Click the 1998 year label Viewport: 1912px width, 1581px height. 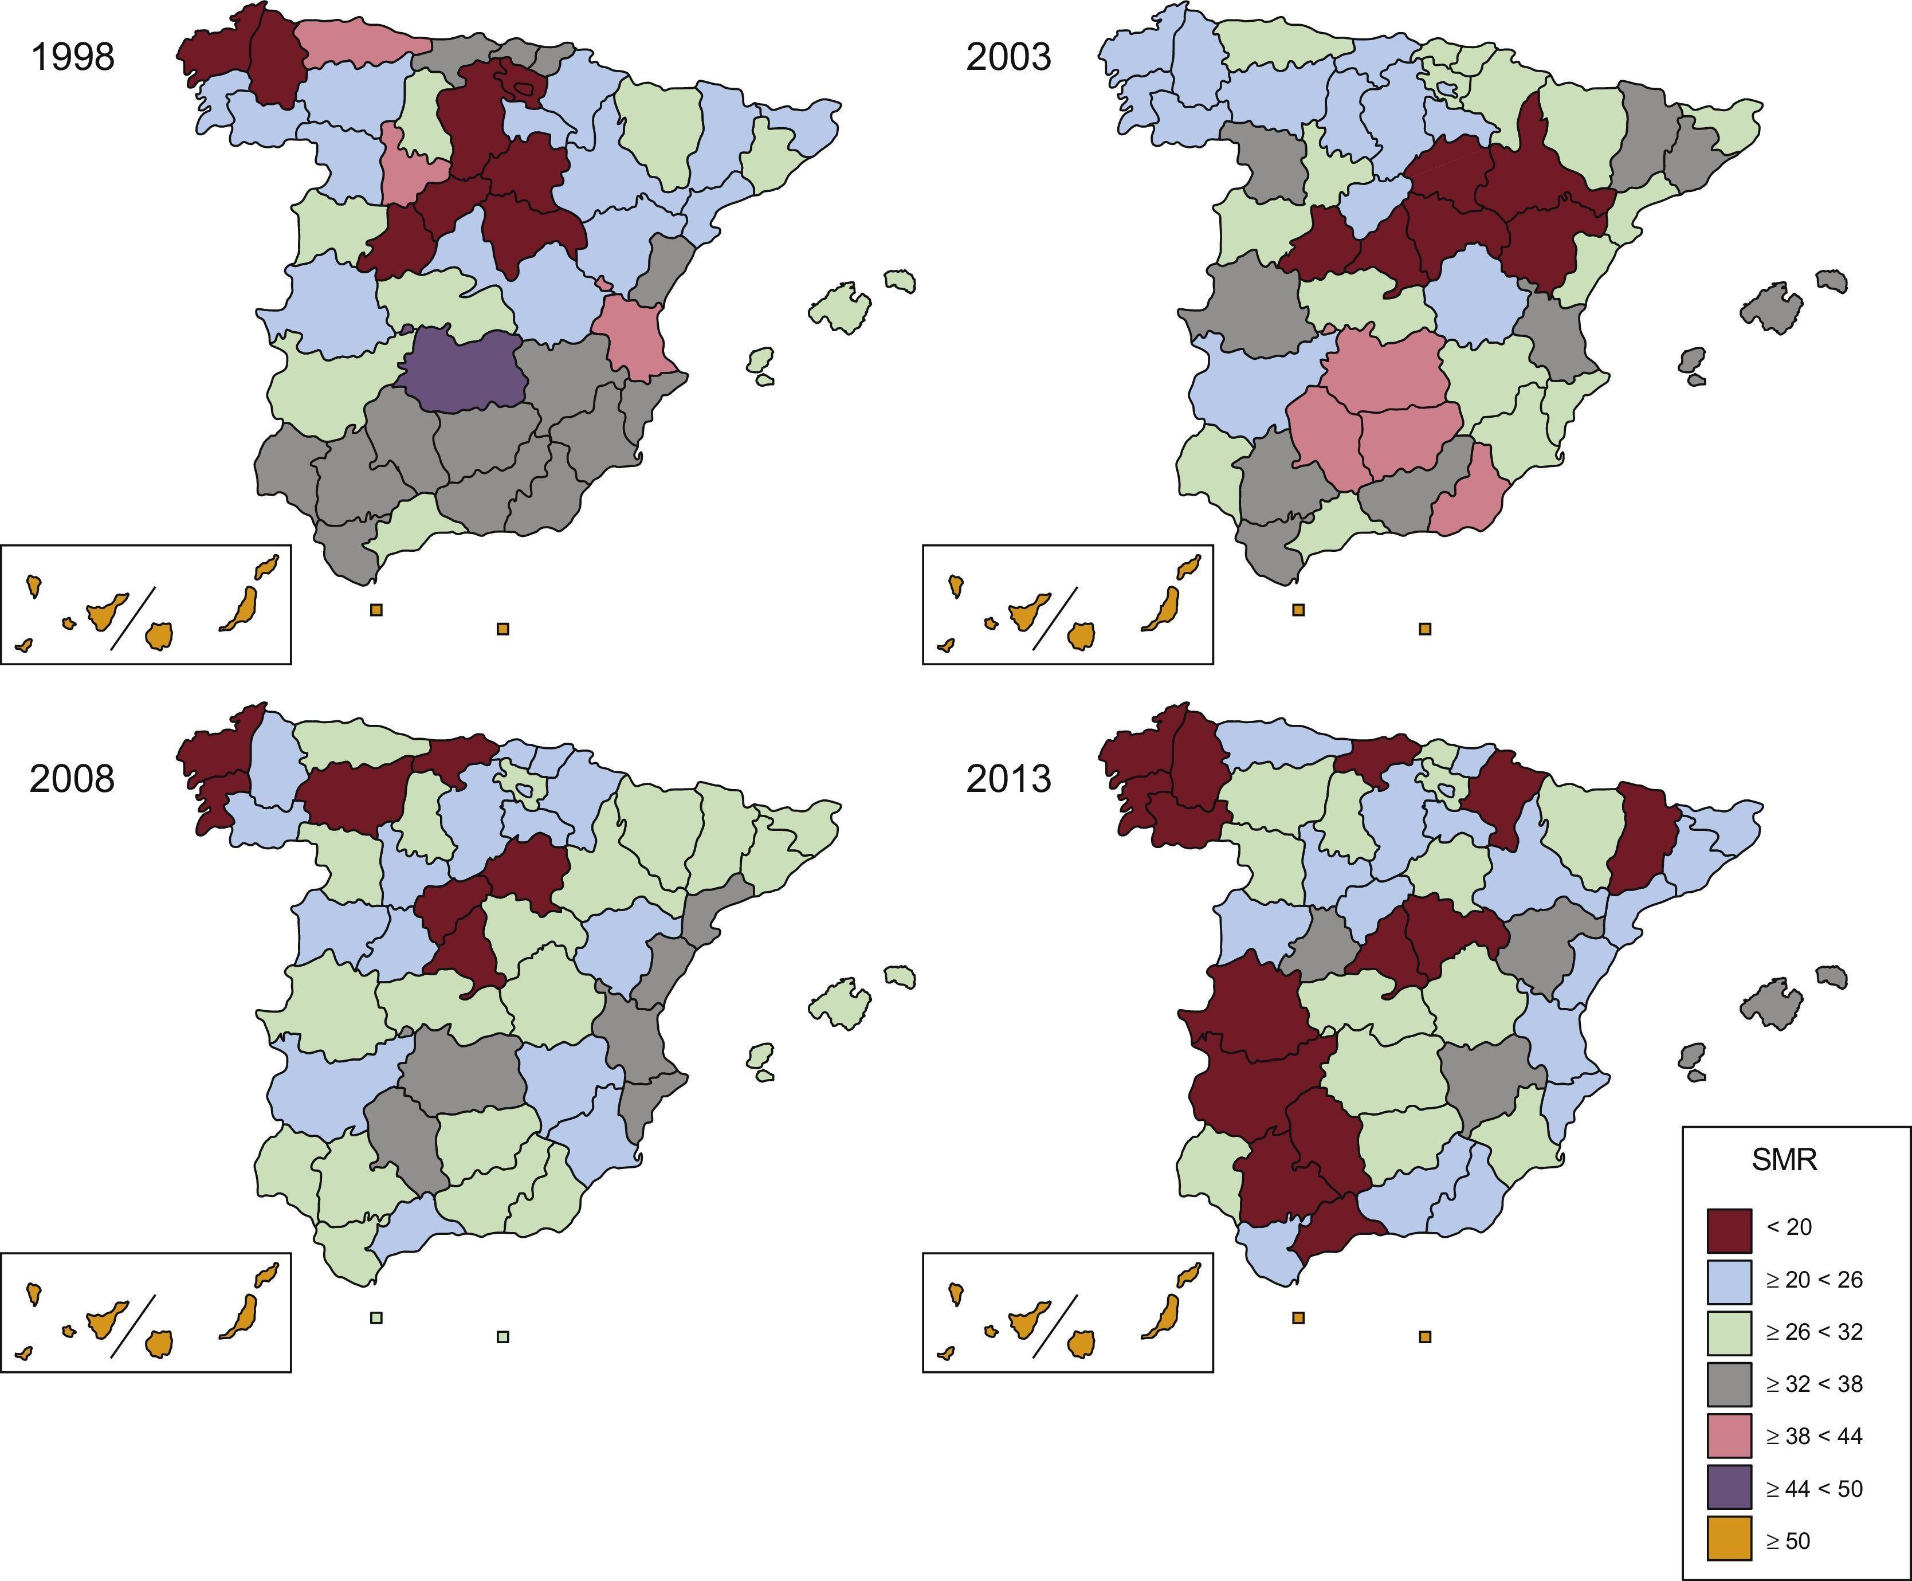pyautogui.click(x=73, y=57)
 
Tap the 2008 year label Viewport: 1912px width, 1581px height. pyautogui.click(x=72, y=779)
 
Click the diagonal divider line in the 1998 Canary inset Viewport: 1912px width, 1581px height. pyautogui.click(x=134, y=618)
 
